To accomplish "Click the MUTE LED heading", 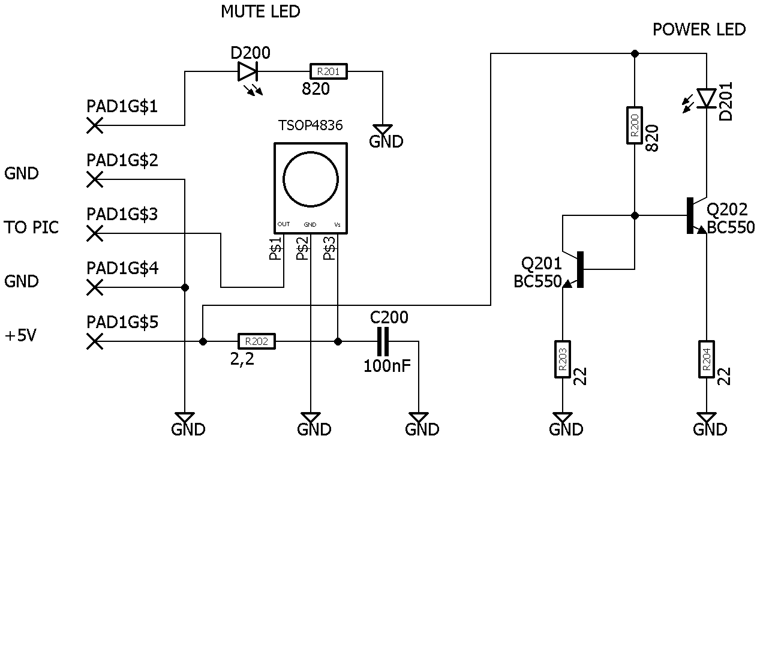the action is click(260, 12).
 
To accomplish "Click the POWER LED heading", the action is click(699, 29).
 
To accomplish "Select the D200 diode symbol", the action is click(248, 71).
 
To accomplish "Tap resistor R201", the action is click(329, 71).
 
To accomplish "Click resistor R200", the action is click(635, 125).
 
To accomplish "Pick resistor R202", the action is click(257, 341).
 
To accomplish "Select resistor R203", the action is click(563, 359).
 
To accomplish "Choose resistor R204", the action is click(707, 359).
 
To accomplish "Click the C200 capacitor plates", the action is click(383, 341).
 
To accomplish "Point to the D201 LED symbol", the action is click(707, 98).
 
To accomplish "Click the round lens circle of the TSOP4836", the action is click(311, 179).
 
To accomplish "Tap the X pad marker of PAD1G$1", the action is click(95, 125).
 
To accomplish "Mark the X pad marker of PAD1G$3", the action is click(95, 233).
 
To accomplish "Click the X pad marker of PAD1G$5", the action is click(95, 341).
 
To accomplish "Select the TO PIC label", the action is click(31, 227).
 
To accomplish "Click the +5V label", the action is click(20, 335).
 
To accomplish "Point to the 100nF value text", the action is click(387, 366).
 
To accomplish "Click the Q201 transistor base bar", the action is click(580, 269).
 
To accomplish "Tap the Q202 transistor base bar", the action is click(690, 215).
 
